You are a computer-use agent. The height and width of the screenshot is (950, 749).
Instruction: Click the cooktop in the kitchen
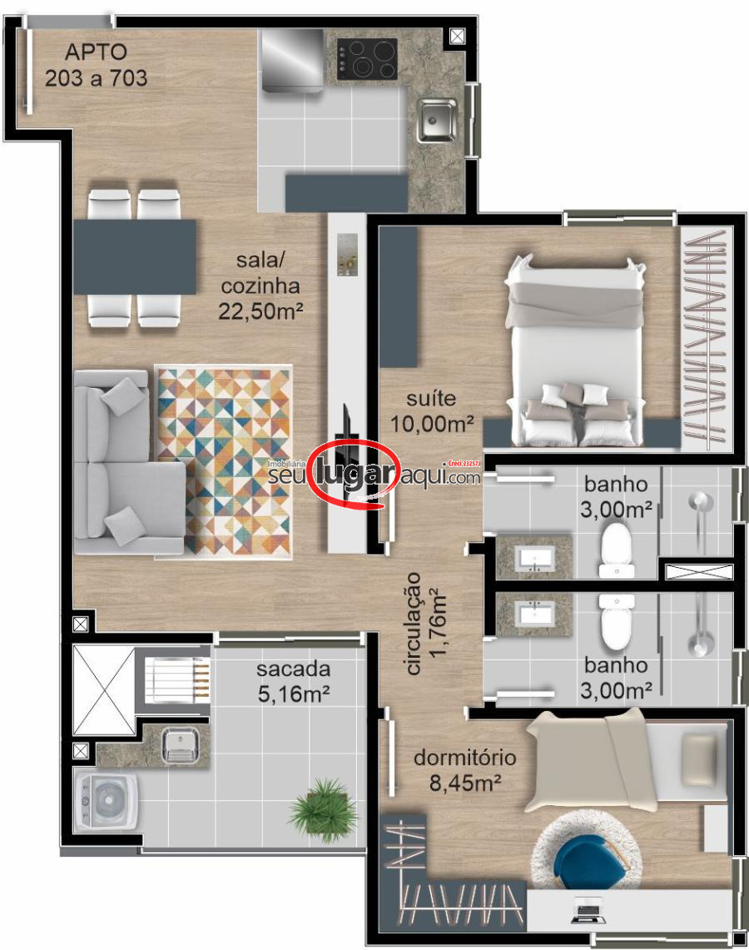tap(367, 58)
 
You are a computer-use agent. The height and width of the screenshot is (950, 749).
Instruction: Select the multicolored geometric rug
tap(223, 461)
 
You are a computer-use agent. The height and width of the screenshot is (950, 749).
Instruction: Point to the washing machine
tap(107, 800)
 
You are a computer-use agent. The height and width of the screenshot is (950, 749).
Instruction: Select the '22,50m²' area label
tap(260, 311)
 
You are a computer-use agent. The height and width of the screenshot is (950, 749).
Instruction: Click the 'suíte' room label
tap(431, 398)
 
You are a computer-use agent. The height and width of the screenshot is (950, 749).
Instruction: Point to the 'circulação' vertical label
tap(414, 624)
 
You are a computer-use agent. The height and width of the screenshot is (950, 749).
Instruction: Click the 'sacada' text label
tap(293, 669)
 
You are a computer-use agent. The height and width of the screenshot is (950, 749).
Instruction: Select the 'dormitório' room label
tap(465, 758)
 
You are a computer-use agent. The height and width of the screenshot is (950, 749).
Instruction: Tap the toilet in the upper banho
tap(617, 549)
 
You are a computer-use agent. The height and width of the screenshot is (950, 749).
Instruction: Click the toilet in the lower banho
tap(617, 622)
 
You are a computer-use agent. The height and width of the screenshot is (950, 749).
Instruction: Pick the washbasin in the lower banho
tap(535, 614)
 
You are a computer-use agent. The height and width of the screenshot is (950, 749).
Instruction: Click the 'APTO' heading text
tap(96, 52)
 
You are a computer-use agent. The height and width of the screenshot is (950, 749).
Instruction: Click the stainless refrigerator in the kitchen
tap(292, 60)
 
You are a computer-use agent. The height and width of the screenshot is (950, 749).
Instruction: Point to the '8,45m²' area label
tap(465, 783)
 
